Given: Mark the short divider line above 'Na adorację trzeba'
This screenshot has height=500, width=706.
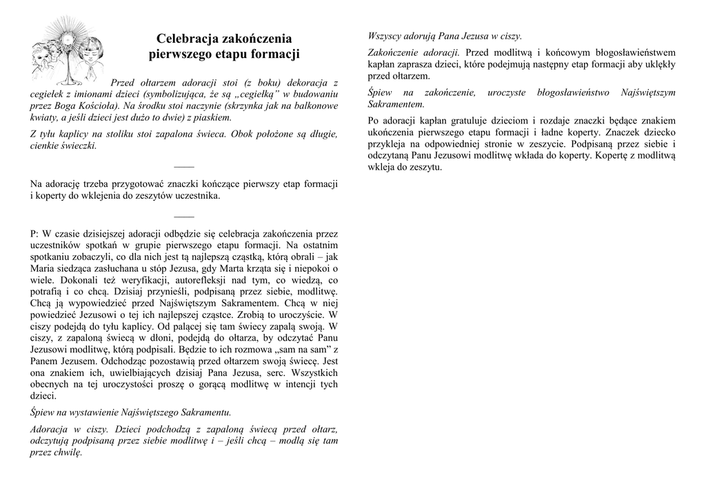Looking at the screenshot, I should tap(184, 168).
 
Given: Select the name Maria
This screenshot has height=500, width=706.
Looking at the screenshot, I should tap(44, 268).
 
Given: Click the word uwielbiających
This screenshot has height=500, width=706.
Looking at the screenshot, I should tap(107, 373).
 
